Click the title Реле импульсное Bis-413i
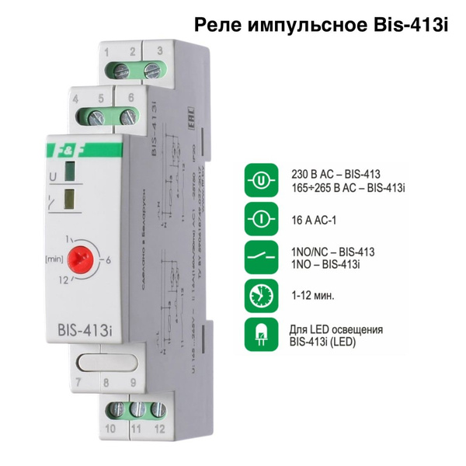tap(322, 26)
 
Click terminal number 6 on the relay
tap(130, 99)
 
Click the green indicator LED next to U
tap(71, 172)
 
